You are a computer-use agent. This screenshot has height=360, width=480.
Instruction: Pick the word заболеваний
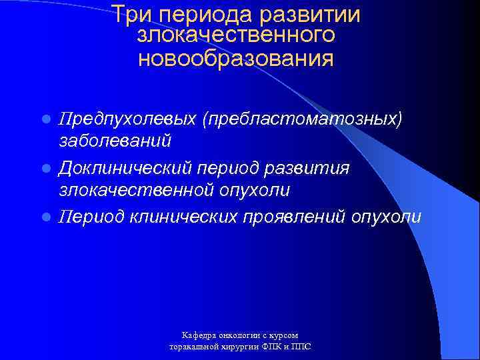pyautogui.click(x=116, y=141)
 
